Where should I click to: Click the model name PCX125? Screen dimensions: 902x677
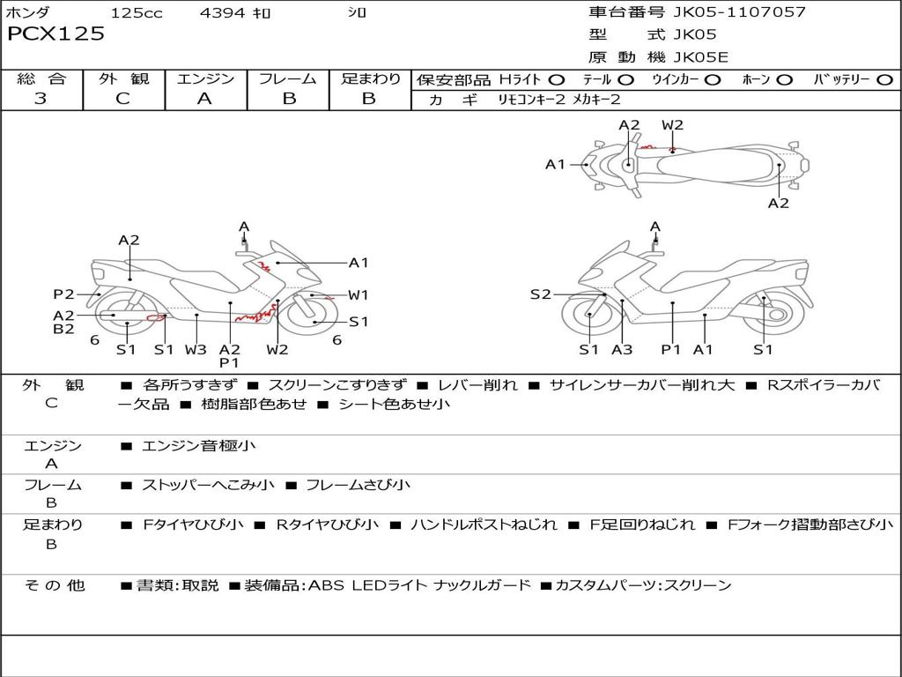pos(55,34)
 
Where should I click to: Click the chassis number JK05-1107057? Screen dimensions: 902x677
pos(739,12)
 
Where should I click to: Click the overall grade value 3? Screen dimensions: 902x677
pos(41,99)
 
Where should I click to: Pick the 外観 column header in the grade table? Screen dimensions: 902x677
pos(123,78)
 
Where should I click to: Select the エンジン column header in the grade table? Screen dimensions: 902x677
pos(205,78)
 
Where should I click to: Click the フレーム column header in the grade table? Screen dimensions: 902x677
pos(288,78)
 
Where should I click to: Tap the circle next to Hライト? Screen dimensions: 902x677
pos(557,79)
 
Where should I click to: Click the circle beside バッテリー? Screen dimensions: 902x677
pos(884,79)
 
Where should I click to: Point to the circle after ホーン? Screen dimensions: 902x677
pos(784,79)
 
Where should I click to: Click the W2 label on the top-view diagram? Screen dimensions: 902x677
pos(672,125)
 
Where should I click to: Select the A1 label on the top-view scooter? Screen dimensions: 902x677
pos(555,164)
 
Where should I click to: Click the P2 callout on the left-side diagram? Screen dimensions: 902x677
pos(63,294)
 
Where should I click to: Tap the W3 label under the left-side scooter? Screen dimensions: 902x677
pos(196,350)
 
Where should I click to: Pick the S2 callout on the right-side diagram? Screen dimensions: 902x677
pos(540,294)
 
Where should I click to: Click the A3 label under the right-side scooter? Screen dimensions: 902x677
pos(622,350)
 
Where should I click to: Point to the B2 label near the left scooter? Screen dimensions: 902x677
pos(63,330)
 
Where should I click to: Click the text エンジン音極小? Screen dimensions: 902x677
pos(199,446)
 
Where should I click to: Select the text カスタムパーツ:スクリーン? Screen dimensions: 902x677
pos(643,585)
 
